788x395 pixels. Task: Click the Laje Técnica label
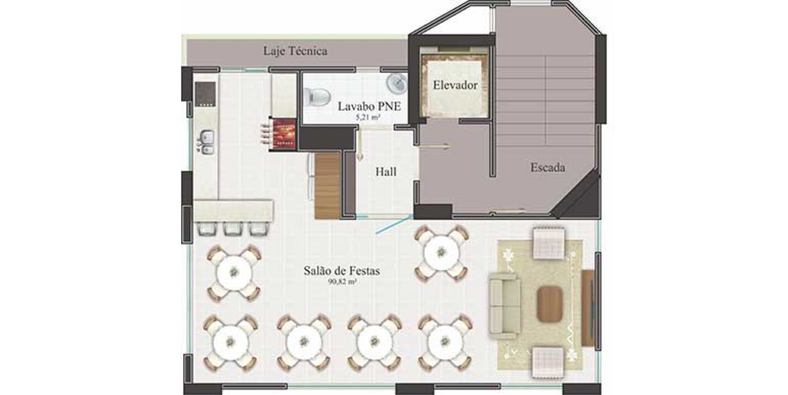[295, 51]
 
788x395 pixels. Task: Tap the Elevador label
[455, 85]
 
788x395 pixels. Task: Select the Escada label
[548, 167]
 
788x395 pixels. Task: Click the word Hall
[386, 172]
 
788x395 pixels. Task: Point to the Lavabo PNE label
[369, 106]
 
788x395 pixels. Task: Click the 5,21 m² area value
[367, 118]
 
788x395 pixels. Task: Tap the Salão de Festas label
[342, 271]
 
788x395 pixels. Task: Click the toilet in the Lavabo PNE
[317, 97]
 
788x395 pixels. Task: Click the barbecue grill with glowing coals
[283, 134]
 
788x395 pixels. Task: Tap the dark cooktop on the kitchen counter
[205, 94]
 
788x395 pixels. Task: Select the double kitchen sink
[206, 142]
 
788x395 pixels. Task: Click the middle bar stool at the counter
[233, 229]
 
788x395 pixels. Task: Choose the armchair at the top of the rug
[549, 243]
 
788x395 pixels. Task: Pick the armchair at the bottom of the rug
[548, 362]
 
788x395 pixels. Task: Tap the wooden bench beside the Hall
[328, 185]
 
